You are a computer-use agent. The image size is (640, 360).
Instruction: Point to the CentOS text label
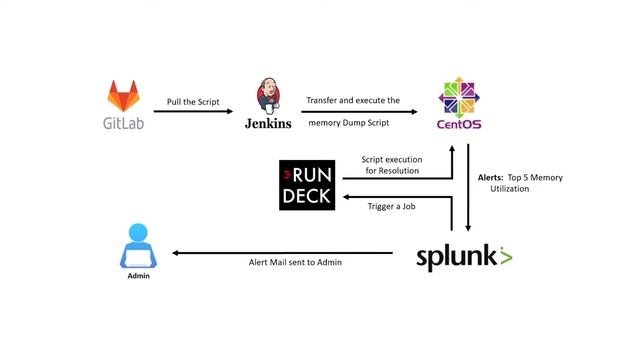click(461, 125)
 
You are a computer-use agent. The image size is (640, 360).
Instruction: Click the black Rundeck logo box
click(308, 185)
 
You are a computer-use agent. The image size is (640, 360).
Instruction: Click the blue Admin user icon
click(138, 247)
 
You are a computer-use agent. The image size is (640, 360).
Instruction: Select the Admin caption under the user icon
click(138, 276)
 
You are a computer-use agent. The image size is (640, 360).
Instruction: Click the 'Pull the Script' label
click(194, 102)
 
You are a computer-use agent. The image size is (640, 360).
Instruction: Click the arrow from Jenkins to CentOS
click(360, 112)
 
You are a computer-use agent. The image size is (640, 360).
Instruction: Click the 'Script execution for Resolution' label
click(390, 165)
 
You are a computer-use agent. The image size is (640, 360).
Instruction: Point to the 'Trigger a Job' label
click(390, 208)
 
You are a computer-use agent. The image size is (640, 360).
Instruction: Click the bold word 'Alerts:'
click(491, 176)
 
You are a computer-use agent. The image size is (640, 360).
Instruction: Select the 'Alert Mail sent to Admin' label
click(295, 262)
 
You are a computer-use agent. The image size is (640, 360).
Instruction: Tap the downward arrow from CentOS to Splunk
click(468, 190)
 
